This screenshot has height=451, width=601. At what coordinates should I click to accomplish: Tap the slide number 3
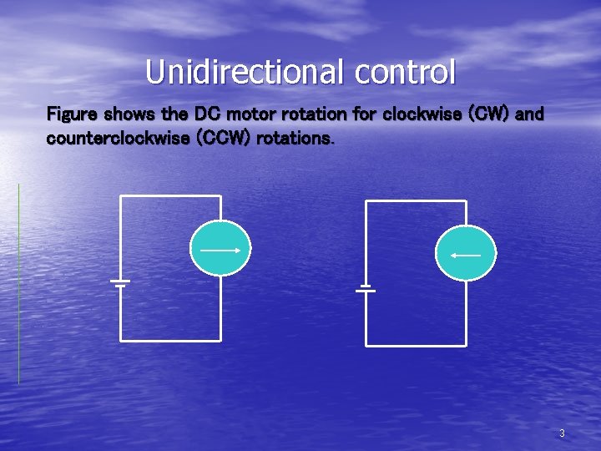pos(562,433)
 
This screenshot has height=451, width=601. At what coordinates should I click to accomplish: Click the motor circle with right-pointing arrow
pos(220,248)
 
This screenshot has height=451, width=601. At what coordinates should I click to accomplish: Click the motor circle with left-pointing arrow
pos(466,253)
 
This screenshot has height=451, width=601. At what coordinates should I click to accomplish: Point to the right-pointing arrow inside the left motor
pos(220,249)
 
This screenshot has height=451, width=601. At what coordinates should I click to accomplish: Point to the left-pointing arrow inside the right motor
pos(466,254)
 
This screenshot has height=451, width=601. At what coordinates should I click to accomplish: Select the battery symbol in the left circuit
pos(120,282)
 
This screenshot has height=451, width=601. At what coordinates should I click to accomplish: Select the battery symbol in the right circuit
pos(366,287)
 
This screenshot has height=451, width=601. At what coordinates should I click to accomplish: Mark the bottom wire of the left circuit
pos(171,340)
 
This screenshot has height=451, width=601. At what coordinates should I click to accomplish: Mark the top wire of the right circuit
pos(416,200)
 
